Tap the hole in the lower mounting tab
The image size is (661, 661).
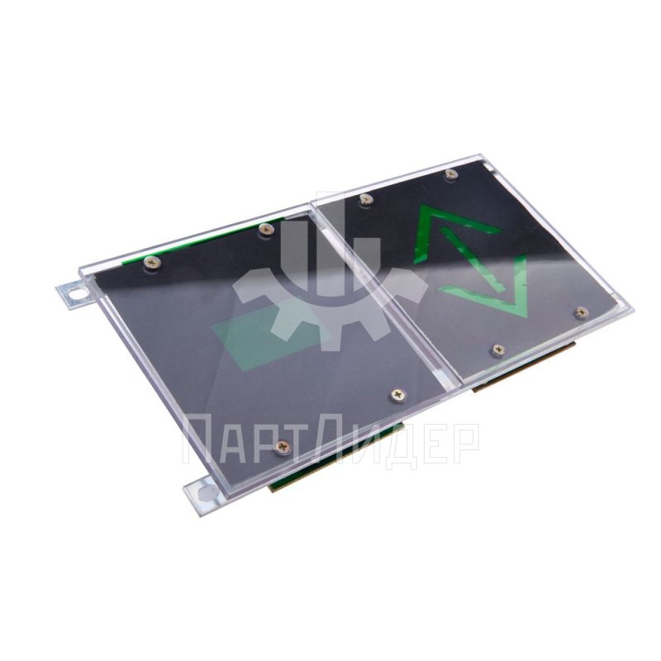tap(205, 492)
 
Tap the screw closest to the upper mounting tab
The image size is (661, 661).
tap(152, 263)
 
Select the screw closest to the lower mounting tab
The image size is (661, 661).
tap(282, 446)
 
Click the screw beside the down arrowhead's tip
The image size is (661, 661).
tap(583, 312)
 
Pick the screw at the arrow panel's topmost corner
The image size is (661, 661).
tap(451, 174)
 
